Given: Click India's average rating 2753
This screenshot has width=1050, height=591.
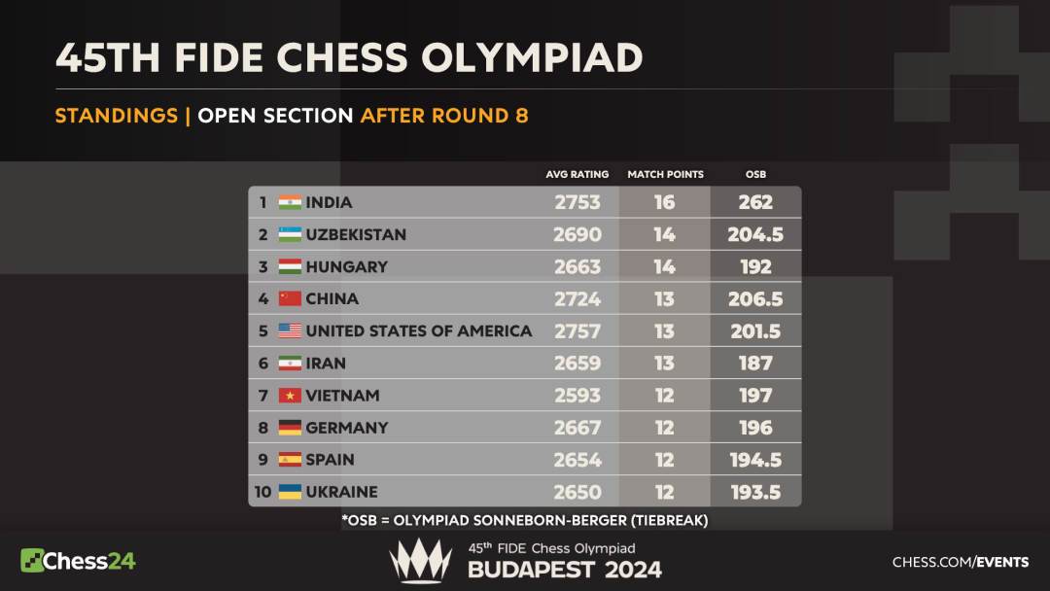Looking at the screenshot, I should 577,203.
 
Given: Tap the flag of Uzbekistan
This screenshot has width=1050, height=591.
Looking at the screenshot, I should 290,235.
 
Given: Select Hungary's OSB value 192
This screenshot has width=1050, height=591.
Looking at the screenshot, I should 755,267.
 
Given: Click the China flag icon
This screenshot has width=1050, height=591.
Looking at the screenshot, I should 290,299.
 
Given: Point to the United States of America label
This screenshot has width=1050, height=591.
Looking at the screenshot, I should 419,331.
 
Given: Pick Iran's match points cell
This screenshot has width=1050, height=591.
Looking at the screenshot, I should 664,364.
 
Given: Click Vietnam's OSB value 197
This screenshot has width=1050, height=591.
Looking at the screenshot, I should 755,396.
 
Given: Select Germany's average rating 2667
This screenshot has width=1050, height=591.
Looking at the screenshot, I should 577,428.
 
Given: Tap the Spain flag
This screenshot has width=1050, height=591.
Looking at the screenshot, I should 290,460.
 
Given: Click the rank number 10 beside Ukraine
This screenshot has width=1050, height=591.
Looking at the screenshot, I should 262,492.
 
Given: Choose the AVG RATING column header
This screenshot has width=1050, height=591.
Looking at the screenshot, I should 577,175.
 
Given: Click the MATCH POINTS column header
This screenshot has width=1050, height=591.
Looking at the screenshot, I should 665,175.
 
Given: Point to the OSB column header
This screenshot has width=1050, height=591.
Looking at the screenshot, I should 755,175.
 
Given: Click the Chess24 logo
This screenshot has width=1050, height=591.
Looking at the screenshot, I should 78,561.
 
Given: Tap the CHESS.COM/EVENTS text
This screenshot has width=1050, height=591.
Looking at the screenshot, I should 961,562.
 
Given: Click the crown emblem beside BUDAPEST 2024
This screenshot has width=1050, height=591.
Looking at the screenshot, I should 420,561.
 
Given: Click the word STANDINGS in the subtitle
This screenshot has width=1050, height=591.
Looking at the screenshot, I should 117,116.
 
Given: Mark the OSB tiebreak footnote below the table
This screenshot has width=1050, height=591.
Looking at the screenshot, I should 525,521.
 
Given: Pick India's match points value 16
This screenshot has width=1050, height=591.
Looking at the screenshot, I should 664,203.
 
